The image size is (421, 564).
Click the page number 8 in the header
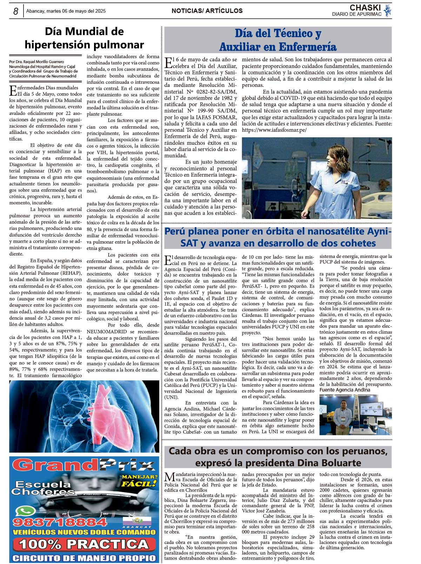[15, 11]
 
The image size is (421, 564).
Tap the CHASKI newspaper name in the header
[365, 8]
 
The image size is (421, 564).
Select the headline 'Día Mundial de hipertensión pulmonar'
[84, 38]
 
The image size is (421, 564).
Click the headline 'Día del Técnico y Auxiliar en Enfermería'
[278, 40]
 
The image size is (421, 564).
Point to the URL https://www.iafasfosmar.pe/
[274, 130]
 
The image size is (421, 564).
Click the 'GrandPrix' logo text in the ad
[84, 465]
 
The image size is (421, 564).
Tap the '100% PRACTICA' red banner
[84, 544]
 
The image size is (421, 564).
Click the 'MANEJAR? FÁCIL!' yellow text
[139, 481]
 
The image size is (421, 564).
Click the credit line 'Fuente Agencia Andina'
[345, 390]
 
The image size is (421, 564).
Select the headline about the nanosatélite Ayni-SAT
[278, 237]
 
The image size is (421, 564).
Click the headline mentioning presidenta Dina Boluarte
[278, 457]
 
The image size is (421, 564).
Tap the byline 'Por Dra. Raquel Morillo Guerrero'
[37, 62]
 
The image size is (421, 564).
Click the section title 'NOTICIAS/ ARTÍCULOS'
[207, 11]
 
